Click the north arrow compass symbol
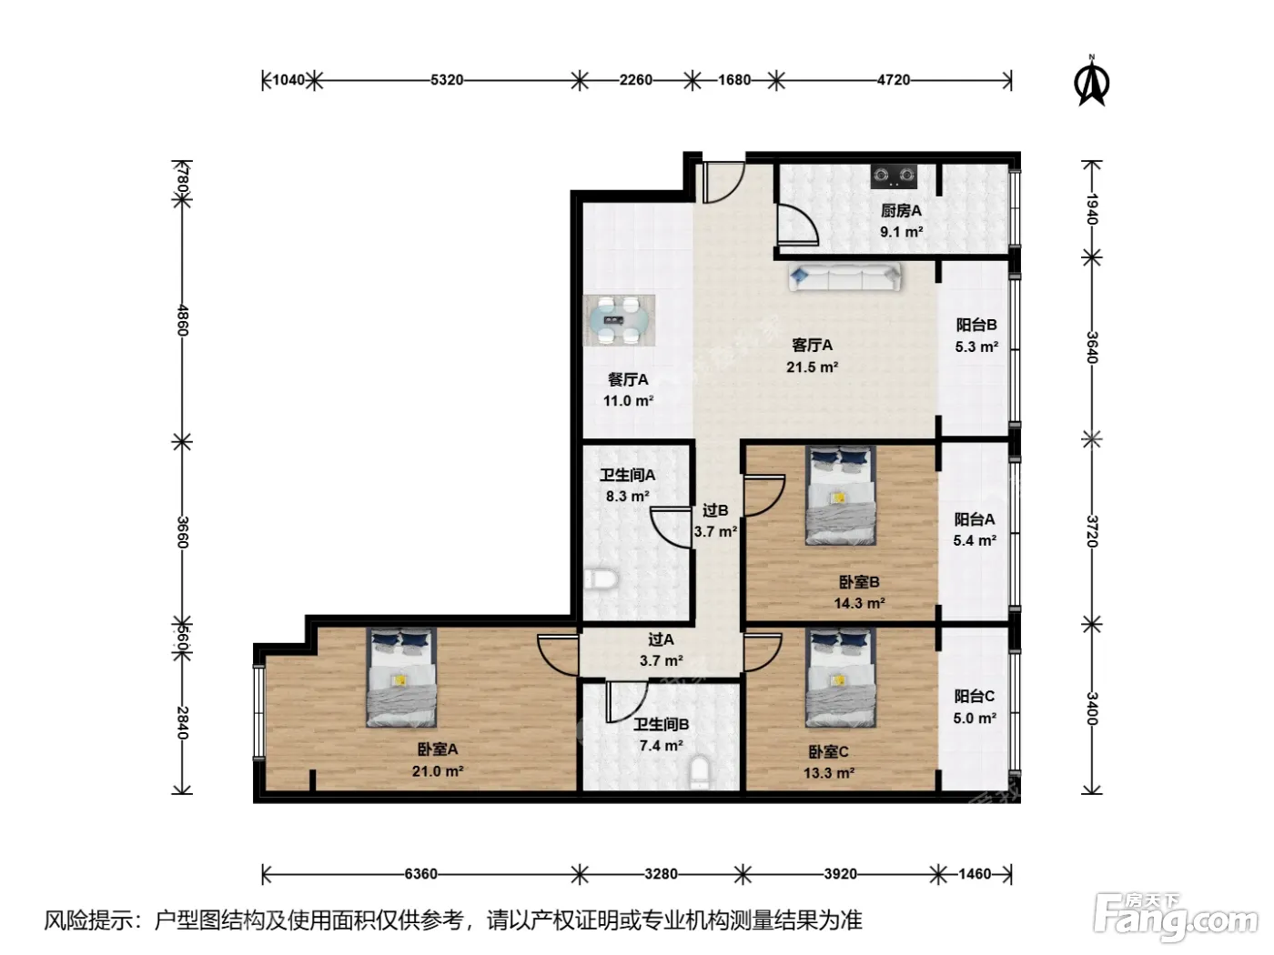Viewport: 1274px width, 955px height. click(x=1091, y=81)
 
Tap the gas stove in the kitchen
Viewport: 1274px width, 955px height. click(x=894, y=176)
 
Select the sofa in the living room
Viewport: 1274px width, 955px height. click(x=844, y=276)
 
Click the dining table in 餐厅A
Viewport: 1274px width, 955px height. click(x=619, y=320)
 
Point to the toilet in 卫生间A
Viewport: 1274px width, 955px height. click(x=600, y=578)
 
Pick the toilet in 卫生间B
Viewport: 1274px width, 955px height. click(x=701, y=772)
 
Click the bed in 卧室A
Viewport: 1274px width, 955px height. click(x=401, y=678)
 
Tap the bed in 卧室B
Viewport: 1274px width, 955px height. click(x=840, y=495)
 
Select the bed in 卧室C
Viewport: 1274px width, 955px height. click(x=840, y=678)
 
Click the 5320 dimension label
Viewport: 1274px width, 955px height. click(x=446, y=80)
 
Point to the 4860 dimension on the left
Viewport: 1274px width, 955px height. click(x=182, y=320)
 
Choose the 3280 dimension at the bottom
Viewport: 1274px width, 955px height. click(x=661, y=874)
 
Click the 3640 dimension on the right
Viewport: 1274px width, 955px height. click(x=1092, y=347)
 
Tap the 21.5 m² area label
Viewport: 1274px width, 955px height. click(x=812, y=367)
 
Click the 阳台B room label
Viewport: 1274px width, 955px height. click(x=976, y=325)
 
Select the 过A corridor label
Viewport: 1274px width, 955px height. click(x=661, y=639)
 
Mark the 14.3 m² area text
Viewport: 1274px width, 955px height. click(x=859, y=603)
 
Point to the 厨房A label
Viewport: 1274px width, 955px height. click(x=901, y=210)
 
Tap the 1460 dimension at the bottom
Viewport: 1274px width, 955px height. click(x=975, y=874)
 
